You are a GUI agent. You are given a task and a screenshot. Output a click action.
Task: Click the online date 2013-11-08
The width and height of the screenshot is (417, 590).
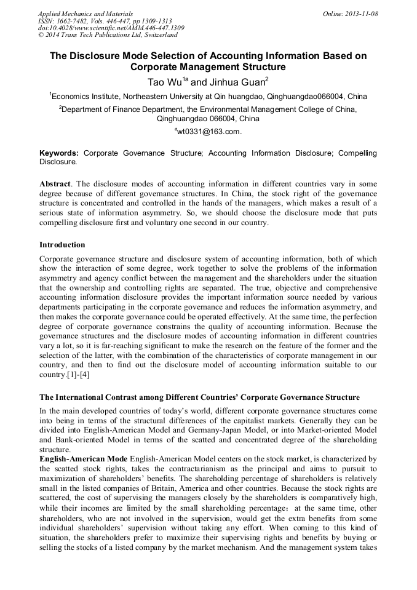pos(361,14)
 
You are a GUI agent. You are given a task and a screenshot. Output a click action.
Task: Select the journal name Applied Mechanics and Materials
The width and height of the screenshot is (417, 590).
pos(85,14)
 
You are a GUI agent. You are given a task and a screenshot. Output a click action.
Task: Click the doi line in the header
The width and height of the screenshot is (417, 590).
pos(111,28)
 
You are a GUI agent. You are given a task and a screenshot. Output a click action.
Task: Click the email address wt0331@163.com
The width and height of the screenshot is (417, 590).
pos(209,131)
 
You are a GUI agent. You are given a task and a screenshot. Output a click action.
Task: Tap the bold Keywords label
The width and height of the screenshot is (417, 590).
pos(59,153)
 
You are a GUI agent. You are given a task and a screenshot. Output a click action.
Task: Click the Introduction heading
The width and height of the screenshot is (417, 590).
pos(62,245)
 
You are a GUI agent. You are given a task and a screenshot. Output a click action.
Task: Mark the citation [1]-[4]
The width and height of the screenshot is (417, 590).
pos(77,375)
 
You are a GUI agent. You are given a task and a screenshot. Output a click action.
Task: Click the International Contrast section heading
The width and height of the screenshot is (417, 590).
pos(199,397)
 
